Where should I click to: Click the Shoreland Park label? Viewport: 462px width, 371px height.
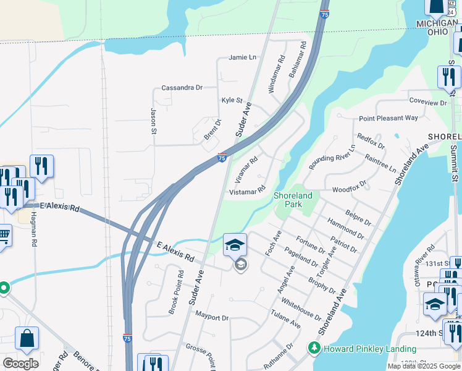pyautogui.click(x=293, y=200)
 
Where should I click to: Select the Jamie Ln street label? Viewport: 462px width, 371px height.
pyautogui.click(x=242, y=58)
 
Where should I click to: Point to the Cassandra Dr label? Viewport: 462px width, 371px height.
pyautogui.click(x=182, y=88)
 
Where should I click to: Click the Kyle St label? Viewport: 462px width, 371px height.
pyautogui.click(x=232, y=100)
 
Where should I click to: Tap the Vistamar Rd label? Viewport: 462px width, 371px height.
pyautogui.click(x=247, y=192)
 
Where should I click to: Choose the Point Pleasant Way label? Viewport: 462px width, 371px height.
pyautogui.click(x=388, y=118)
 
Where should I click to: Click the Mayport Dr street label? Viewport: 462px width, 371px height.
pyautogui.click(x=212, y=318)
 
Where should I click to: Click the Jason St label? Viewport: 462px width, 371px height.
pyautogui.click(x=154, y=121)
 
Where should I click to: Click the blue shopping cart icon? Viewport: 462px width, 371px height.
pyautogui.click(x=4, y=235)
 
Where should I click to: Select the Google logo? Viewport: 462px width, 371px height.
pyautogui.click(x=21, y=363)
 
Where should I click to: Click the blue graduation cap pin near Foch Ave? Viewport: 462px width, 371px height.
pyautogui.click(x=235, y=245)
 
